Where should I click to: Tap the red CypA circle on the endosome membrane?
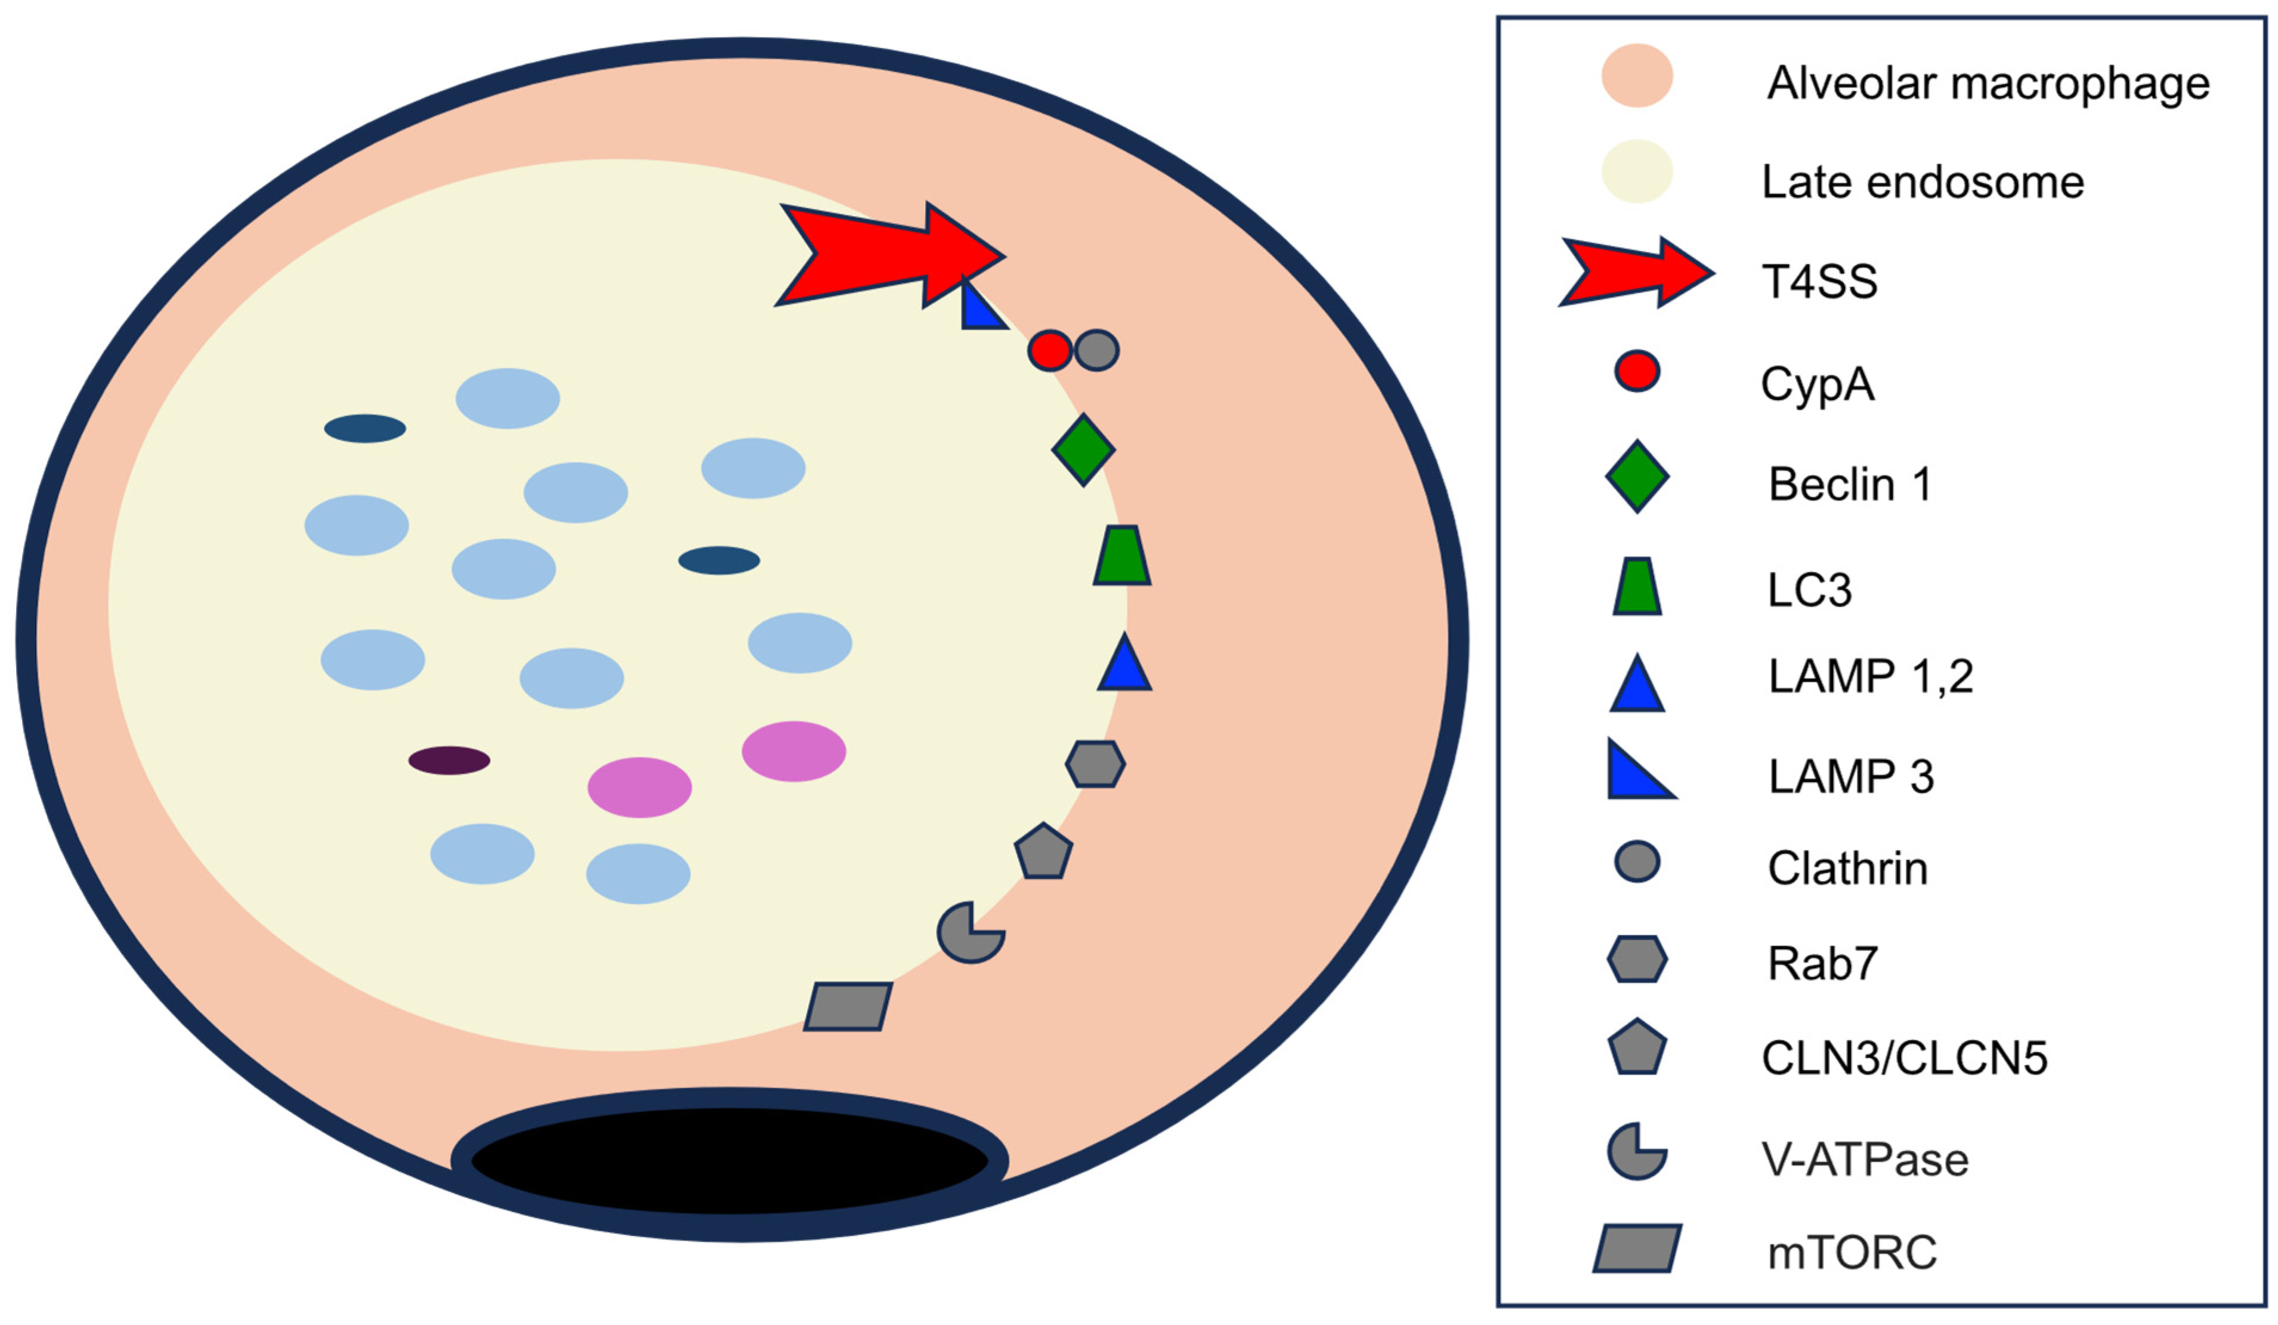[1049, 350]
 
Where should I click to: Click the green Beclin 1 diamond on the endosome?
[1083, 449]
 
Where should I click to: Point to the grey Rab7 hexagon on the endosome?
[1095, 764]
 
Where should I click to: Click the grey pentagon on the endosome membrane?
[1043, 853]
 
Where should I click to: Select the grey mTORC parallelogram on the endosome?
[848, 1007]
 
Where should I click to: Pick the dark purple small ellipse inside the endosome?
[449, 760]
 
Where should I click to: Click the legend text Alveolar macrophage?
[1988, 83]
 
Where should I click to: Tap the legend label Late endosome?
[1922, 183]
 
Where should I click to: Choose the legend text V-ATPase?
[1864, 1160]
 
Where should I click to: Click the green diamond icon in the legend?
[1636, 477]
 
